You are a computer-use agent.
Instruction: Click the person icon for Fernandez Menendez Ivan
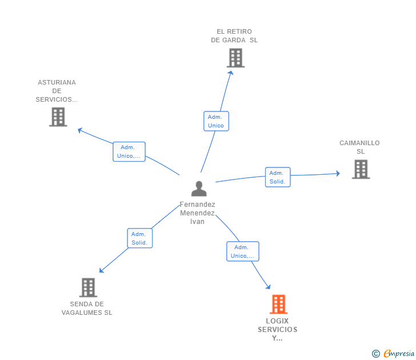click(x=199, y=189)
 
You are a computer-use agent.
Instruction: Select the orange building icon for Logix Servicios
click(x=278, y=305)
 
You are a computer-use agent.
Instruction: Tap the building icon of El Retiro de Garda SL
click(x=235, y=58)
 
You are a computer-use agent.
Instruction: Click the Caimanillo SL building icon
click(x=361, y=169)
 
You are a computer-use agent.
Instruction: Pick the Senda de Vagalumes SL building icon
click(x=88, y=287)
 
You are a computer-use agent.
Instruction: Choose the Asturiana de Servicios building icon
click(x=58, y=117)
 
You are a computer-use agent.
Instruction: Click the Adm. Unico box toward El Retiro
click(x=216, y=121)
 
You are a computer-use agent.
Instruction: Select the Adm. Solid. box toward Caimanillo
click(x=278, y=177)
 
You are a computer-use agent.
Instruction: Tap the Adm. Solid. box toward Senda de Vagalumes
click(x=139, y=238)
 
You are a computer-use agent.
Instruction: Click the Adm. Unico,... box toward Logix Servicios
click(x=242, y=251)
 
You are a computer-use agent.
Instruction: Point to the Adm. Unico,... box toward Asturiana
click(x=129, y=151)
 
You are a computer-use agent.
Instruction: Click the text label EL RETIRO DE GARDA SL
click(x=234, y=36)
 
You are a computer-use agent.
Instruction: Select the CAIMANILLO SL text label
click(x=359, y=147)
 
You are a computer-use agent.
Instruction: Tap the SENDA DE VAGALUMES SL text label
click(x=87, y=309)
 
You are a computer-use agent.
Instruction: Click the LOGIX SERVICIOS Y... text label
click(x=278, y=329)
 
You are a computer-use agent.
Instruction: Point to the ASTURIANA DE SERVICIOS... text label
click(x=57, y=91)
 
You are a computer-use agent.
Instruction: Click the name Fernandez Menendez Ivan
click(x=198, y=213)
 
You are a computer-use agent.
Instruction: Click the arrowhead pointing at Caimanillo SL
click(x=338, y=173)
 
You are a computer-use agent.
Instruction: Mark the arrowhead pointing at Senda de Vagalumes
click(x=101, y=271)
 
